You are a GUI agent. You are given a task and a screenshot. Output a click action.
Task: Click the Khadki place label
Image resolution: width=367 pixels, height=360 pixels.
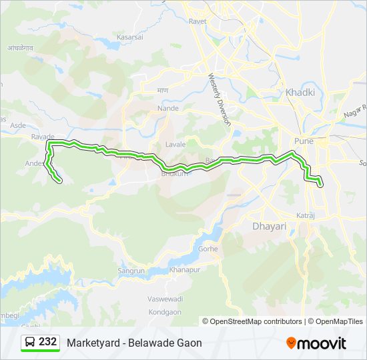tap(300, 93)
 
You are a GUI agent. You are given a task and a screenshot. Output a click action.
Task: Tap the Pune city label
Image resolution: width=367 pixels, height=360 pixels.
tap(304, 141)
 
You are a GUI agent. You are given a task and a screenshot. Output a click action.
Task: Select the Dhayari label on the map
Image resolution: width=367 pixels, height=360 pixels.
tap(269, 227)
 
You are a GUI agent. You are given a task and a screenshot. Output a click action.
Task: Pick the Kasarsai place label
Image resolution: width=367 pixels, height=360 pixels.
tap(129, 38)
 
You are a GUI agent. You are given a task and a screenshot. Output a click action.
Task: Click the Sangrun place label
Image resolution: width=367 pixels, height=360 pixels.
tap(131, 271)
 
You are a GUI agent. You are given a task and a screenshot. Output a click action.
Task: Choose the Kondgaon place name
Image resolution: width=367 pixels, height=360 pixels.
tap(163, 311)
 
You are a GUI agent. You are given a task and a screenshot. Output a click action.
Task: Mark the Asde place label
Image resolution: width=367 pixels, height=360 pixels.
tap(18, 125)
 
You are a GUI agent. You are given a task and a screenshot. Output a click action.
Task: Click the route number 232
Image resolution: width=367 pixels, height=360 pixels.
tap(47, 342)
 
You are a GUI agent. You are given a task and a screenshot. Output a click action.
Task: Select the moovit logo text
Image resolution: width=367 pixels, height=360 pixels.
tap(322, 343)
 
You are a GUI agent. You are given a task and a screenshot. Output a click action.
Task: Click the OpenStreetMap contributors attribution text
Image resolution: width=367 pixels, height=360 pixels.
tap(256, 321)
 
